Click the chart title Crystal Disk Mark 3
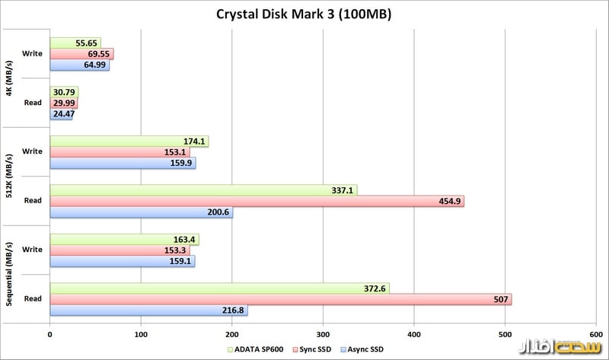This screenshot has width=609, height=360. click(304, 14)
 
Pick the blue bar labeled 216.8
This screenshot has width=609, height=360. click(148, 311)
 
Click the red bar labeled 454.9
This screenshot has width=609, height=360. click(257, 201)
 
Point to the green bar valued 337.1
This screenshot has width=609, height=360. click(203, 190)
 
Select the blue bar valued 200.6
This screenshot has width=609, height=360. click(141, 212)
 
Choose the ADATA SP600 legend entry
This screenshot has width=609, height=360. click(254, 349)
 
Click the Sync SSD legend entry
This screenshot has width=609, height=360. click(313, 349)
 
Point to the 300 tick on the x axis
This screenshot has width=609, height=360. click(323, 333)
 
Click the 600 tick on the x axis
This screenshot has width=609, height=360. click(596, 333)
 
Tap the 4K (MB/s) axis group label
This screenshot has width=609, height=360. click(8, 78)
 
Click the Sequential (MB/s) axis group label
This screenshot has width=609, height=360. click(8, 275)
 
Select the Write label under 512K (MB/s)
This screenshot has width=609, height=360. click(32, 152)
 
